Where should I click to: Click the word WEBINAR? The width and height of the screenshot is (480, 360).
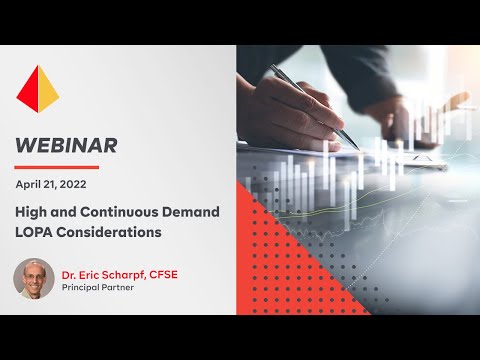coord(66,144)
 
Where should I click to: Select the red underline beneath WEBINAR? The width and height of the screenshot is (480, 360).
coord(56,165)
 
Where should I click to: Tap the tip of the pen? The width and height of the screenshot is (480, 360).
coord(357,147)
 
